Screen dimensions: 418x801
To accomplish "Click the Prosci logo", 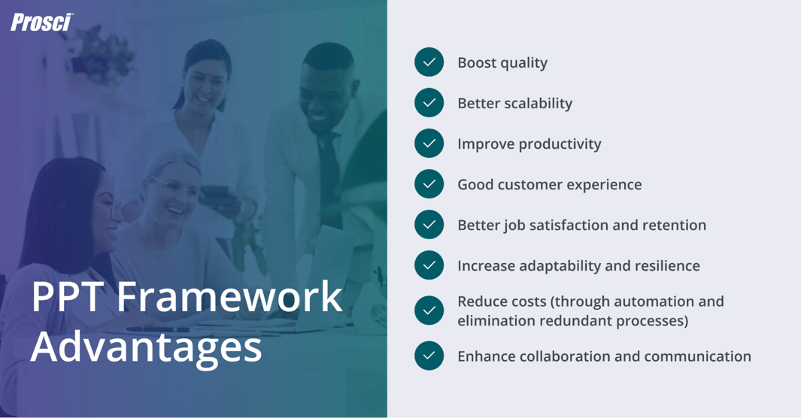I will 41,23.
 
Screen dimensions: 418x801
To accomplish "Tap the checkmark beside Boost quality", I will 429,62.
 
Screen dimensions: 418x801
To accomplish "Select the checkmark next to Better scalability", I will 429,103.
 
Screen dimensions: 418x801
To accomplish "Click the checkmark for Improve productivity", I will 429,144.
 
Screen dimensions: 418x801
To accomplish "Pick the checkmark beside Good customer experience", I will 429,184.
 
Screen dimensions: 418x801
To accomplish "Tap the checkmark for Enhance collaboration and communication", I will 429,356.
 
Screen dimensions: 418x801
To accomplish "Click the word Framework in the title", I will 229,296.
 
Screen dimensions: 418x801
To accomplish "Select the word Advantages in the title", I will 147,347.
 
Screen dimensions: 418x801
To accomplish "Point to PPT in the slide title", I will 68,296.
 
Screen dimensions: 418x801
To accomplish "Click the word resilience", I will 665,265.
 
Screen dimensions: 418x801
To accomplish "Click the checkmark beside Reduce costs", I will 429,310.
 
